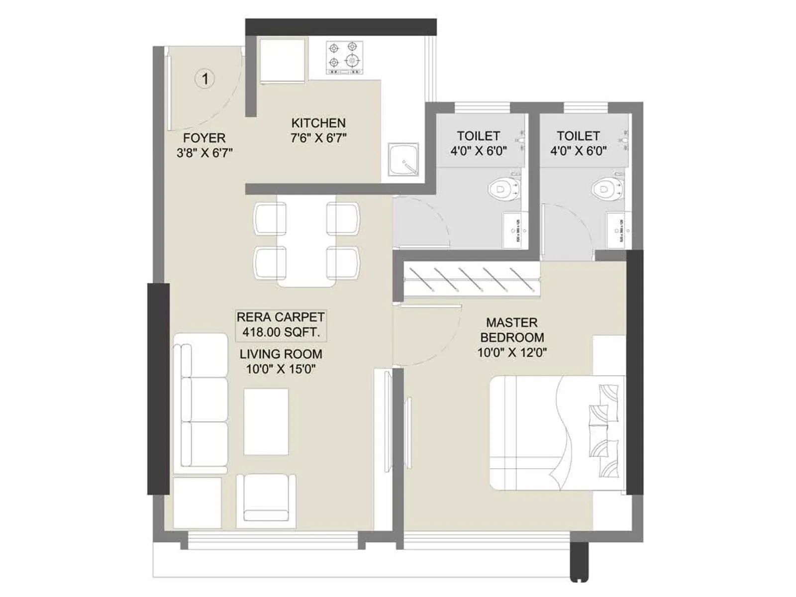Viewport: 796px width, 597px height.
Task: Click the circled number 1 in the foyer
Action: click(x=204, y=79)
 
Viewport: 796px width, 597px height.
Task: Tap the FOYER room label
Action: click(x=204, y=138)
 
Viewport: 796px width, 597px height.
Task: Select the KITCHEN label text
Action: click(x=318, y=123)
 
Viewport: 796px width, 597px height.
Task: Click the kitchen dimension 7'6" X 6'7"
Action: click(x=318, y=138)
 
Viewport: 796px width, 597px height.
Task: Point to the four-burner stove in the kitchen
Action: click(x=344, y=58)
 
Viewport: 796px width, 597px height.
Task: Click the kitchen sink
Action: click(x=403, y=159)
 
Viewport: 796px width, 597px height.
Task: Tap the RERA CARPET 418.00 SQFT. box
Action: click(x=281, y=325)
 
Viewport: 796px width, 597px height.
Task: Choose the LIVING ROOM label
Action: click(x=281, y=354)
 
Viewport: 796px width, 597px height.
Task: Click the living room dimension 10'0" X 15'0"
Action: click(x=281, y=369)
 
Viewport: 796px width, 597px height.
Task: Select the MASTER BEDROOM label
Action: click(x=512, y=330)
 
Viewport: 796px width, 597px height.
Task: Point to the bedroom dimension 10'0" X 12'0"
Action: click(x=512, y=353)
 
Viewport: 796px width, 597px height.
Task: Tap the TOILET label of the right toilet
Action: click(x=578, y=136)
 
